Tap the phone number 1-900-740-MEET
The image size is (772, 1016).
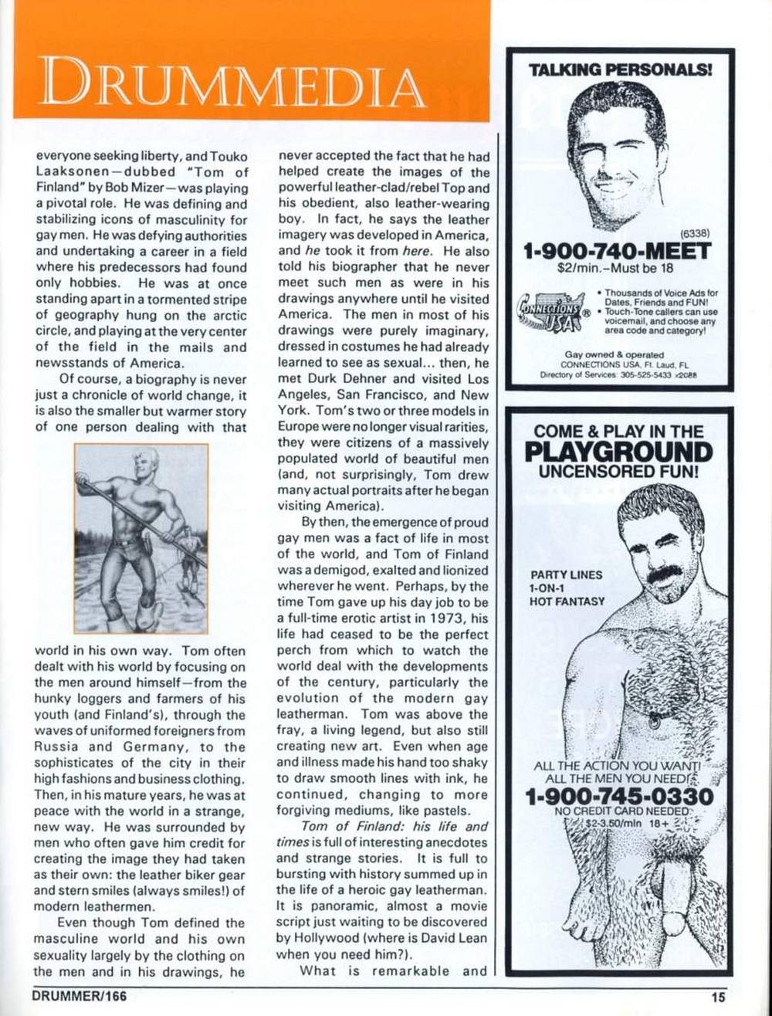coord(617,252)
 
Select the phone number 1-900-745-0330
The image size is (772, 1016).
coord(618,796)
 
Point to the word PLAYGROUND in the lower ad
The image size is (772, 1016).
coord(618,452)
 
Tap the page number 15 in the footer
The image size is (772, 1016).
coord(719,997)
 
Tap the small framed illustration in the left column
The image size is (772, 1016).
coord(141,538)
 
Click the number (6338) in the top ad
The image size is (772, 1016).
coord(695,232)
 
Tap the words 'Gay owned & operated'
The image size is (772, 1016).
coord(604,354)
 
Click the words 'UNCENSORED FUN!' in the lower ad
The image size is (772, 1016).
coord(618,470)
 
